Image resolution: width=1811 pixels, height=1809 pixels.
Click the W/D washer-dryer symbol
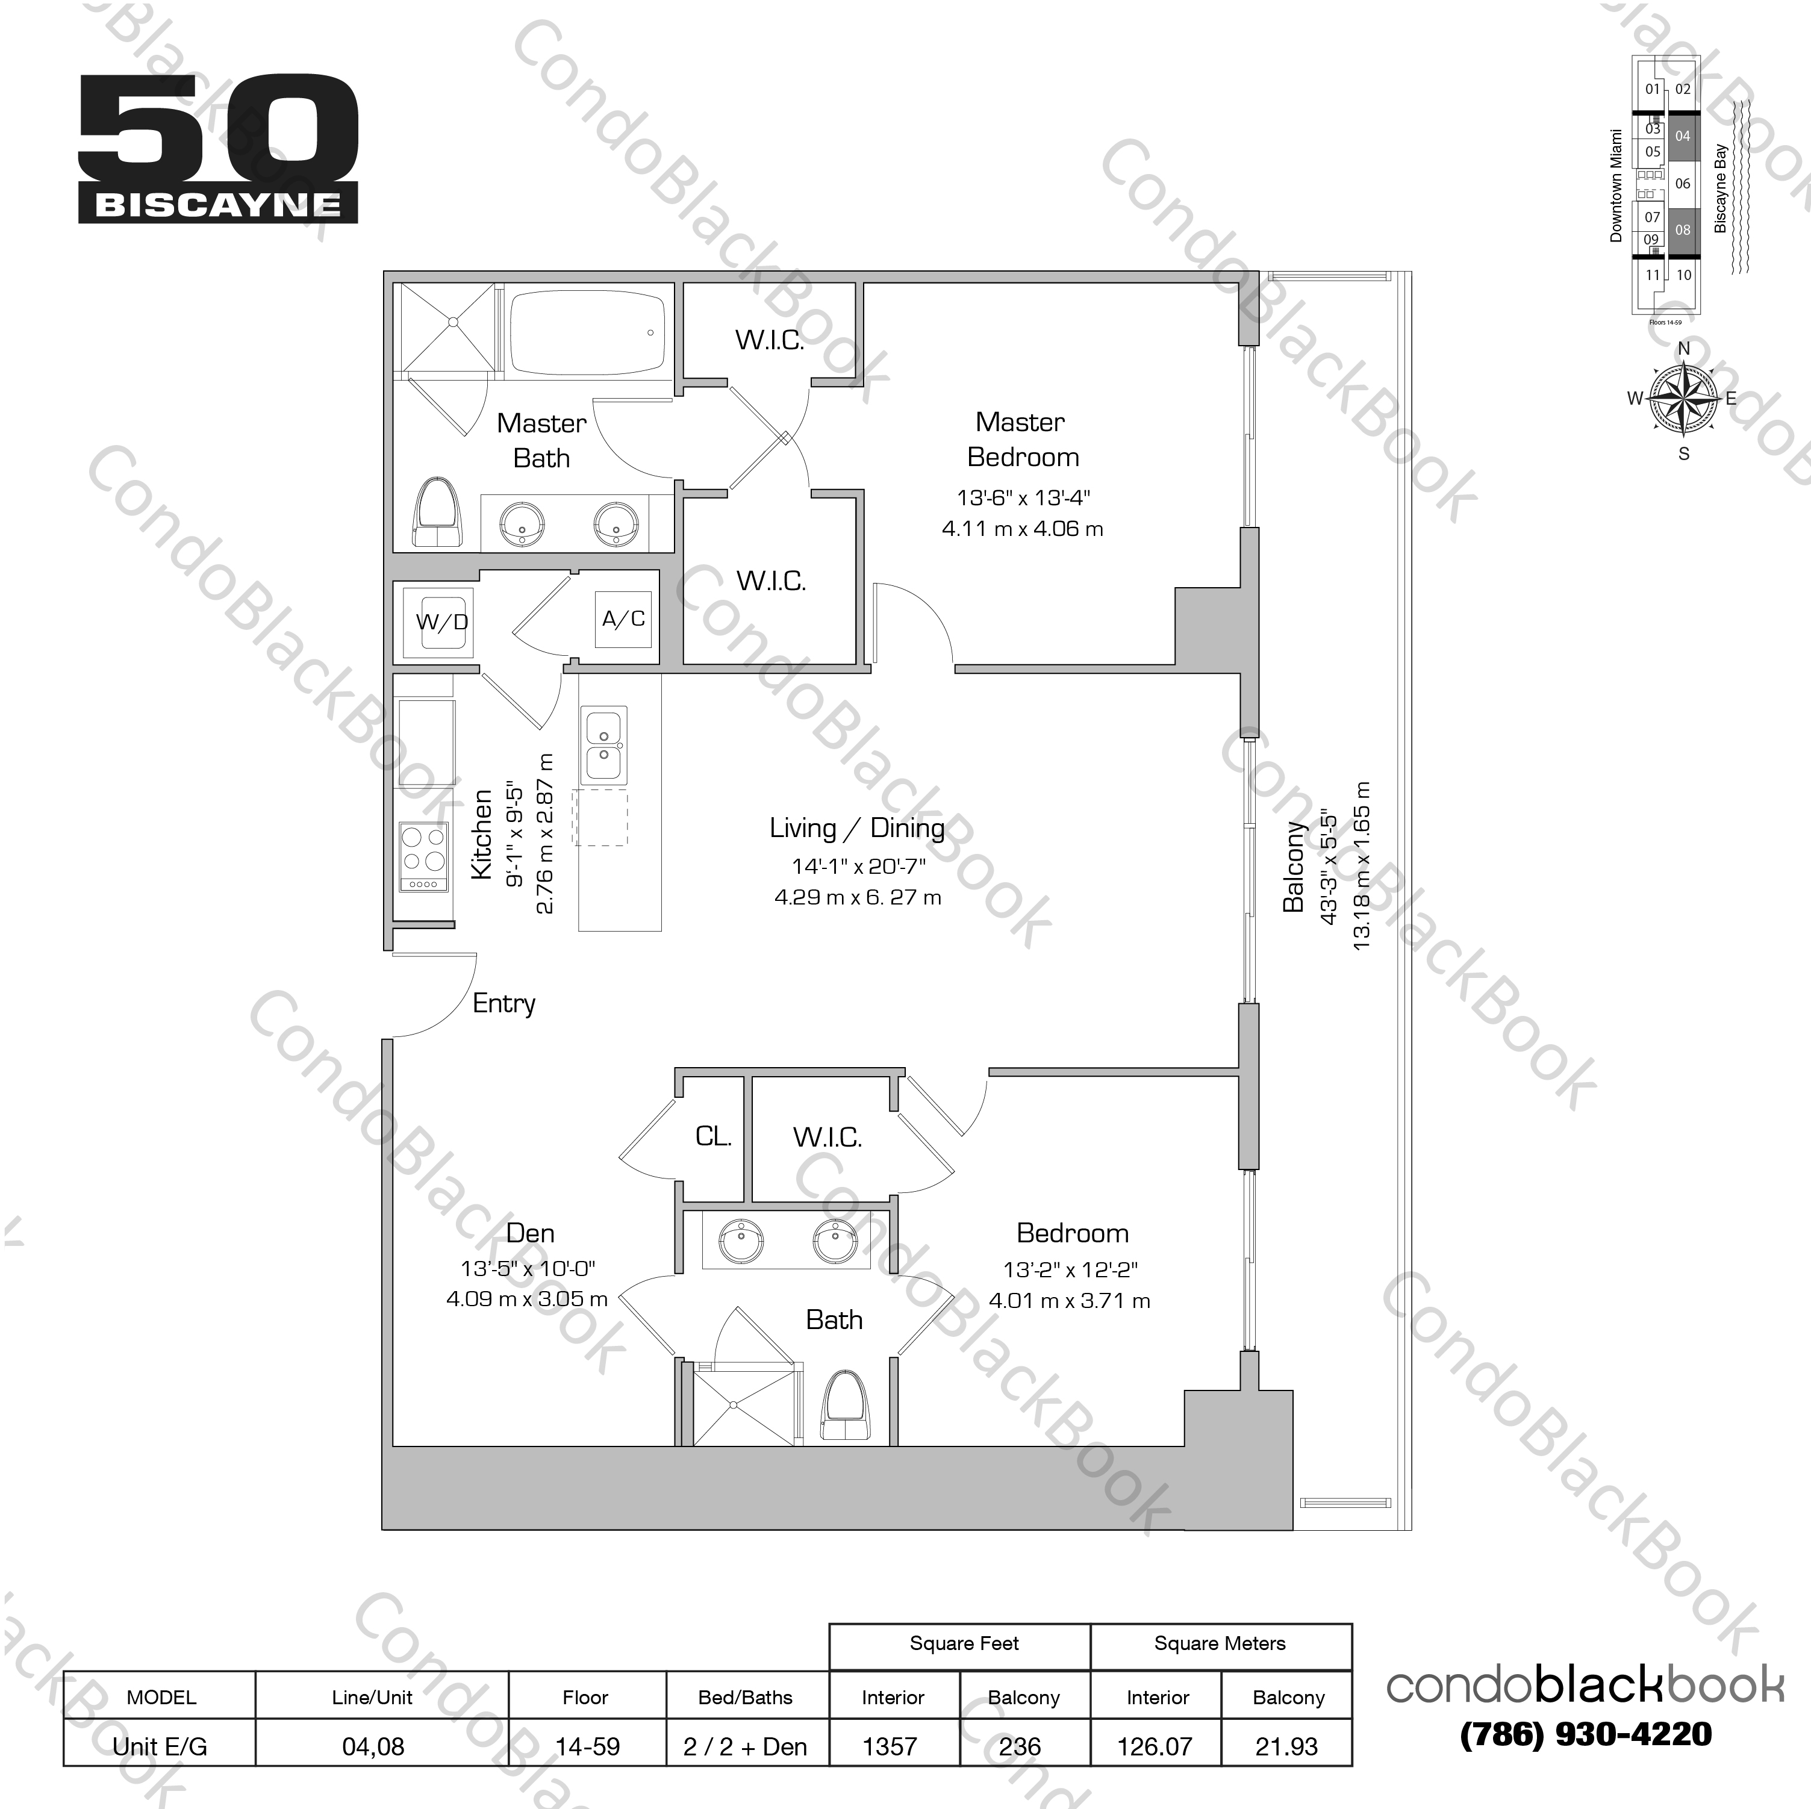(x=441, y=621)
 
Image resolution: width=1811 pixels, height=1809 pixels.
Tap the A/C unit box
(x=623, y=618)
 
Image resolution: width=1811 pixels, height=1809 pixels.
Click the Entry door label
(x=503, y=1004)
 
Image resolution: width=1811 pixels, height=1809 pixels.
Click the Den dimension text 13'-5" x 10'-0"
(x=528, y=1269)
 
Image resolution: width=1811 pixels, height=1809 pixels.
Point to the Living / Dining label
(x=857, y=829)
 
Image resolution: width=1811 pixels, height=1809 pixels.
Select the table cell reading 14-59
(x=587, y=1746)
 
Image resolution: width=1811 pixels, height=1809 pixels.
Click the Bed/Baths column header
(x=745, y=1698)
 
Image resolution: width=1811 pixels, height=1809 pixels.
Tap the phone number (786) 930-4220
(x=1585, y=1735)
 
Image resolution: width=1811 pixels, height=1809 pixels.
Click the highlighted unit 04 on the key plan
(x=1683, y=137)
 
